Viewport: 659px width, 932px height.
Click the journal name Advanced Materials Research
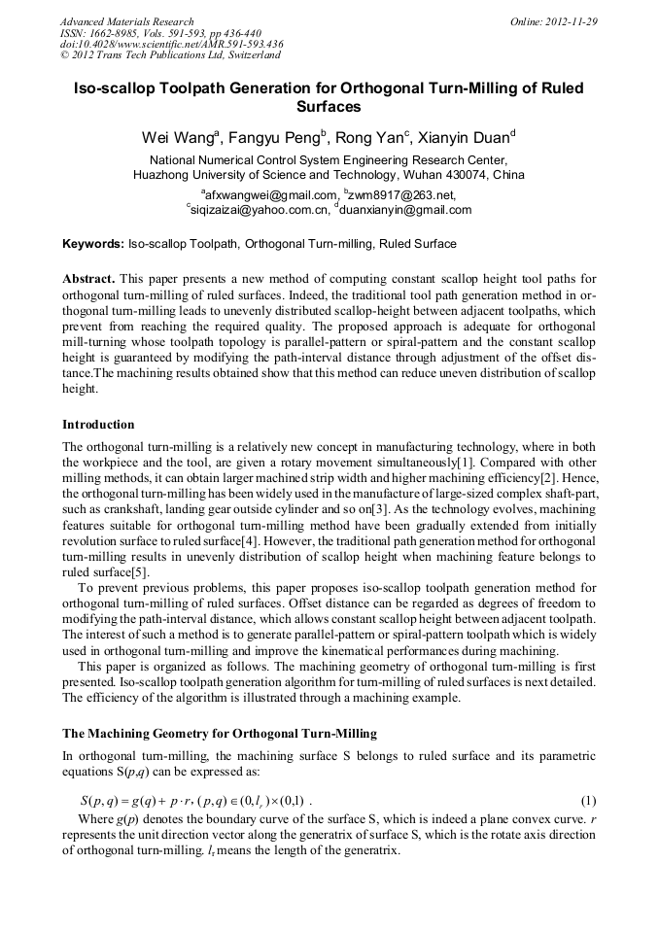pos(126,21)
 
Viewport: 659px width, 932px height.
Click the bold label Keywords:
pos(93,244)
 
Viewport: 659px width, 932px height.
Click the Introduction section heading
pos(98,425)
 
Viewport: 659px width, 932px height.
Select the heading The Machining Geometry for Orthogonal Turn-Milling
pos(220,733)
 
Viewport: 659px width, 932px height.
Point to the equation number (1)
pos(588,801)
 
